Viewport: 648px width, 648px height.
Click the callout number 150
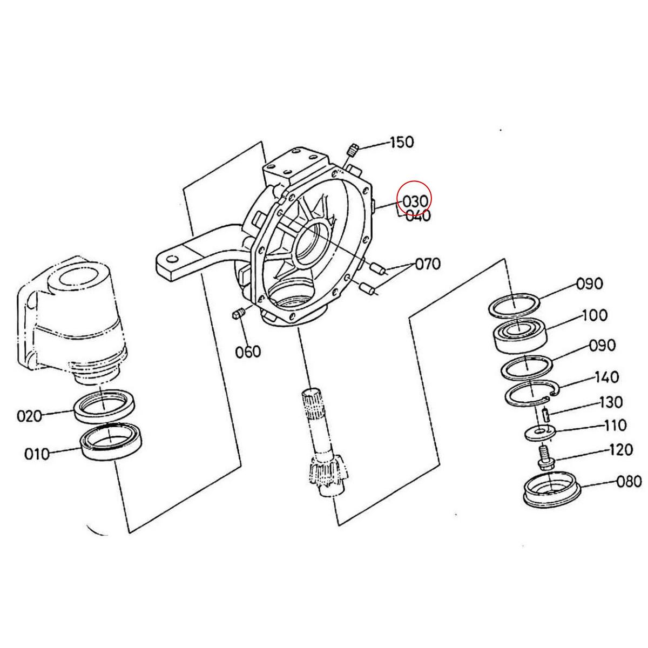coord(402,143)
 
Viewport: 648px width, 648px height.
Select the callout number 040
coord(418,217)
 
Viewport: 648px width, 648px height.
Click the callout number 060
coord(248,352)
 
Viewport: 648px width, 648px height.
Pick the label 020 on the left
coord(29,416)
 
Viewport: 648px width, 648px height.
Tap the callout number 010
coord(37,453)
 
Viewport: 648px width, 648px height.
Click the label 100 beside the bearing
coord(594,315)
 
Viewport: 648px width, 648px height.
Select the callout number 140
coord(606,376)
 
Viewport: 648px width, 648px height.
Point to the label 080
coord(629,481)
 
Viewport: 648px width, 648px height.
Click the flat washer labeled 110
coord(539,432)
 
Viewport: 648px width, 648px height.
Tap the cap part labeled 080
coord(553,489)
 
